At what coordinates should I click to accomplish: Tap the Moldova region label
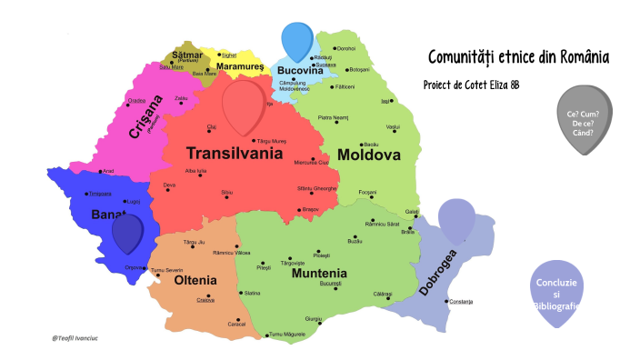pos(369,155)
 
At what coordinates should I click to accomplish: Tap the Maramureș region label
pos(240,66)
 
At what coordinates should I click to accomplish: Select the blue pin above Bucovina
pos(296,39)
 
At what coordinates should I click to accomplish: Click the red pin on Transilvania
pos(241,105)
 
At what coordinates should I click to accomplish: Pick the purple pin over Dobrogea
pos(456,218)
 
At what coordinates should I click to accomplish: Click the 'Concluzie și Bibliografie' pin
pos(555,292)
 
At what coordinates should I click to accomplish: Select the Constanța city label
pos(460,302)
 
